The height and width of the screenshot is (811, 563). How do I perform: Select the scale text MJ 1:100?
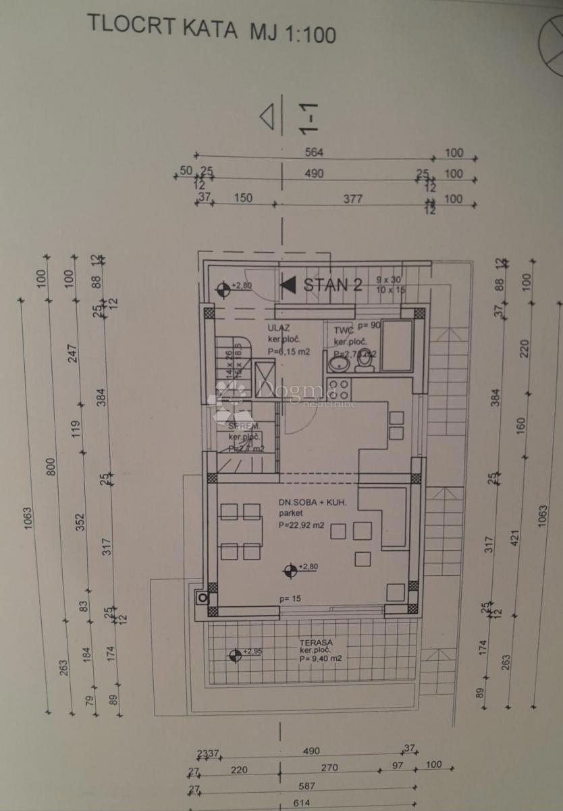pos(293,32)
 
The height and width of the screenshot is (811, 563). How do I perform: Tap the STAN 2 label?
pos(333,285)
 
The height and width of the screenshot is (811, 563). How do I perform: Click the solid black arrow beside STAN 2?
pos(288,285)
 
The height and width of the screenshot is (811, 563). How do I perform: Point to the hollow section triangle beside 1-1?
pos(268,117)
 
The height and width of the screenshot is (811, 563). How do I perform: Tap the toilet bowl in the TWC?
pos(365,362)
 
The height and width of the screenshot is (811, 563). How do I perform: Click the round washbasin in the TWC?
pos(337,364)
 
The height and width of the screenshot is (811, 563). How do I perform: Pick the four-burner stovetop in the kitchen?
pos(338,389)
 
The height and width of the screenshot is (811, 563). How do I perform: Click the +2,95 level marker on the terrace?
pos(235,654)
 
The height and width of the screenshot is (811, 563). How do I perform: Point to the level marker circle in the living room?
pos(290,571)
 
